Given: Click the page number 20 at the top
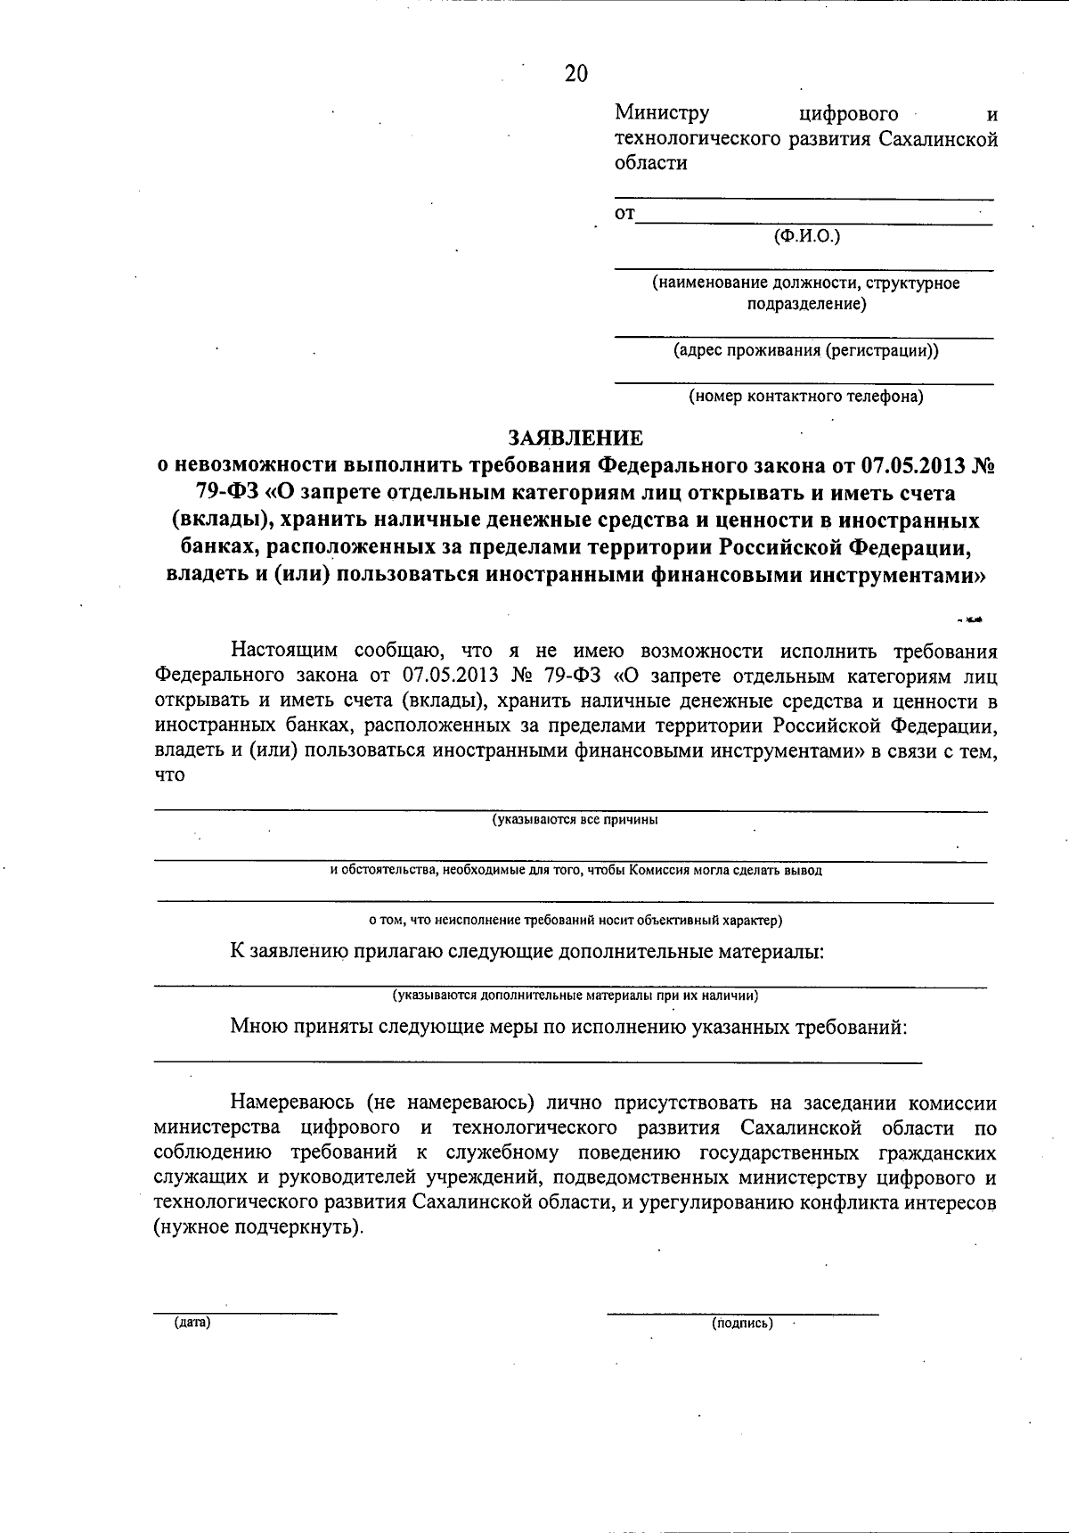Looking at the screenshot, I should (576, 74).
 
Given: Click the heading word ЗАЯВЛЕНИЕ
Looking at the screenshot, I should (575, 438).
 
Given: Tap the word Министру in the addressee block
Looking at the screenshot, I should (662, 113).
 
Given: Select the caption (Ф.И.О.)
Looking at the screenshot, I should (807, 235).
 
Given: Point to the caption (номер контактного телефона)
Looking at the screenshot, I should (805, 396).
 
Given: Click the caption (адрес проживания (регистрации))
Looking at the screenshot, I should (805, 350).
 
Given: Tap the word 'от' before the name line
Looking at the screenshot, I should (625, 214).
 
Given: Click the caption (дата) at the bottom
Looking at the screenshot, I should (192, 1323).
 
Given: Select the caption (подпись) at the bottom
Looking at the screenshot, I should (742, 1324).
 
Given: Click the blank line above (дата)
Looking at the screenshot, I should (246, 1312).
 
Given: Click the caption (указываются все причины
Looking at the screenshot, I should (575, 820).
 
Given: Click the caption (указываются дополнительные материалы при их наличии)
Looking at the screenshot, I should (575, 995).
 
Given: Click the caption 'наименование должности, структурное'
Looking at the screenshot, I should (805, 283).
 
